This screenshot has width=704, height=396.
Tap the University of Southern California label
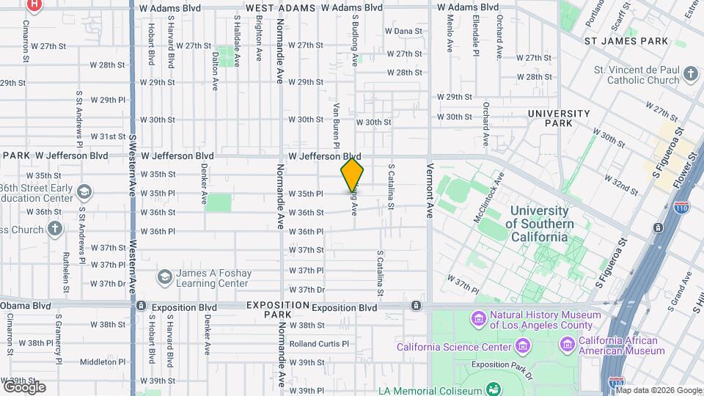pyautogui.click(x=539, y=224)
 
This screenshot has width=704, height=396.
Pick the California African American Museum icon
pyautogui.click(x=567, y=345)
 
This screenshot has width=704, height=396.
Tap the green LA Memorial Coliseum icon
pyautogui.click(x=494, y=389)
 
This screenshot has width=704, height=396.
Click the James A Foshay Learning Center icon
pyautogui.click(x=164, y=277)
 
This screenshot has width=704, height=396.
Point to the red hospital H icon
pyautogui.click(x=33, y=4)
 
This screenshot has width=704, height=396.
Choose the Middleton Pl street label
pyautogui.click(x=103, y=362)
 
